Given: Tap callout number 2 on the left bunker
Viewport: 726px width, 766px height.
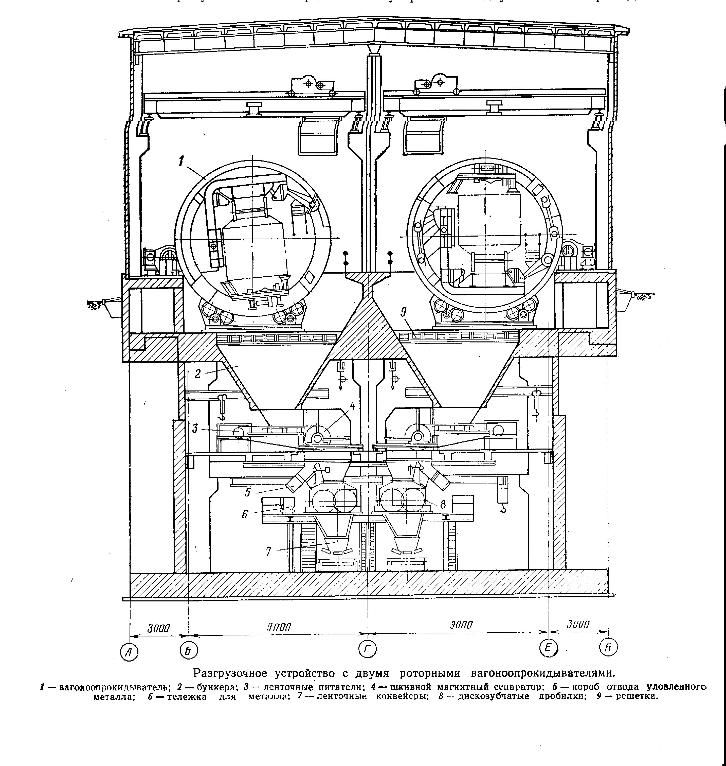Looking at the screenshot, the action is [x=198, y=374].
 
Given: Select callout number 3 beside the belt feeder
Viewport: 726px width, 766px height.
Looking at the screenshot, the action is [x=195, y=429].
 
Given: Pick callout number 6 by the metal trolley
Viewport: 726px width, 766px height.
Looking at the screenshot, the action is [x=245, y=514].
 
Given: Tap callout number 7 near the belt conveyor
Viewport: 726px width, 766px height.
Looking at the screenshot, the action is [x=268, y=551].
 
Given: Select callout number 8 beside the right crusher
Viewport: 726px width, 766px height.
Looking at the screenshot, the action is [x=443, y=504].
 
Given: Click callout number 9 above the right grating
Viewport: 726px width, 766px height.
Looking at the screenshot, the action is [x=404, y=313].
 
